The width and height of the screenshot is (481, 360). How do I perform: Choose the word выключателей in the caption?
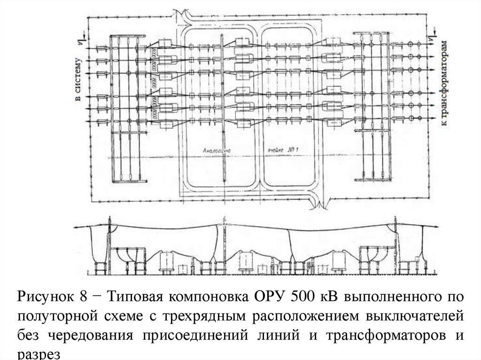pos(415,316)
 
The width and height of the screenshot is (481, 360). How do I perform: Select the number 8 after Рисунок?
pos(84,298)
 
